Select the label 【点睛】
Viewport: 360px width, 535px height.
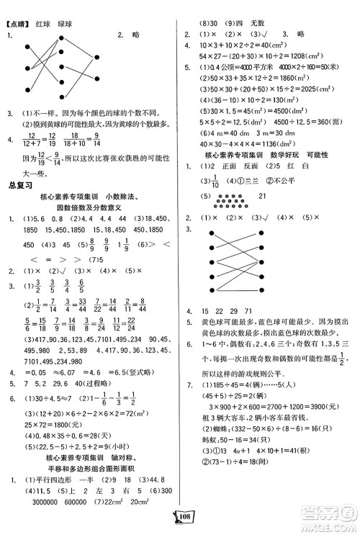pyautogui.click(x=15, y=9)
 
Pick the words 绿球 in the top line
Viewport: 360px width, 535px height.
pyautogui.click(x=68, y=9)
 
